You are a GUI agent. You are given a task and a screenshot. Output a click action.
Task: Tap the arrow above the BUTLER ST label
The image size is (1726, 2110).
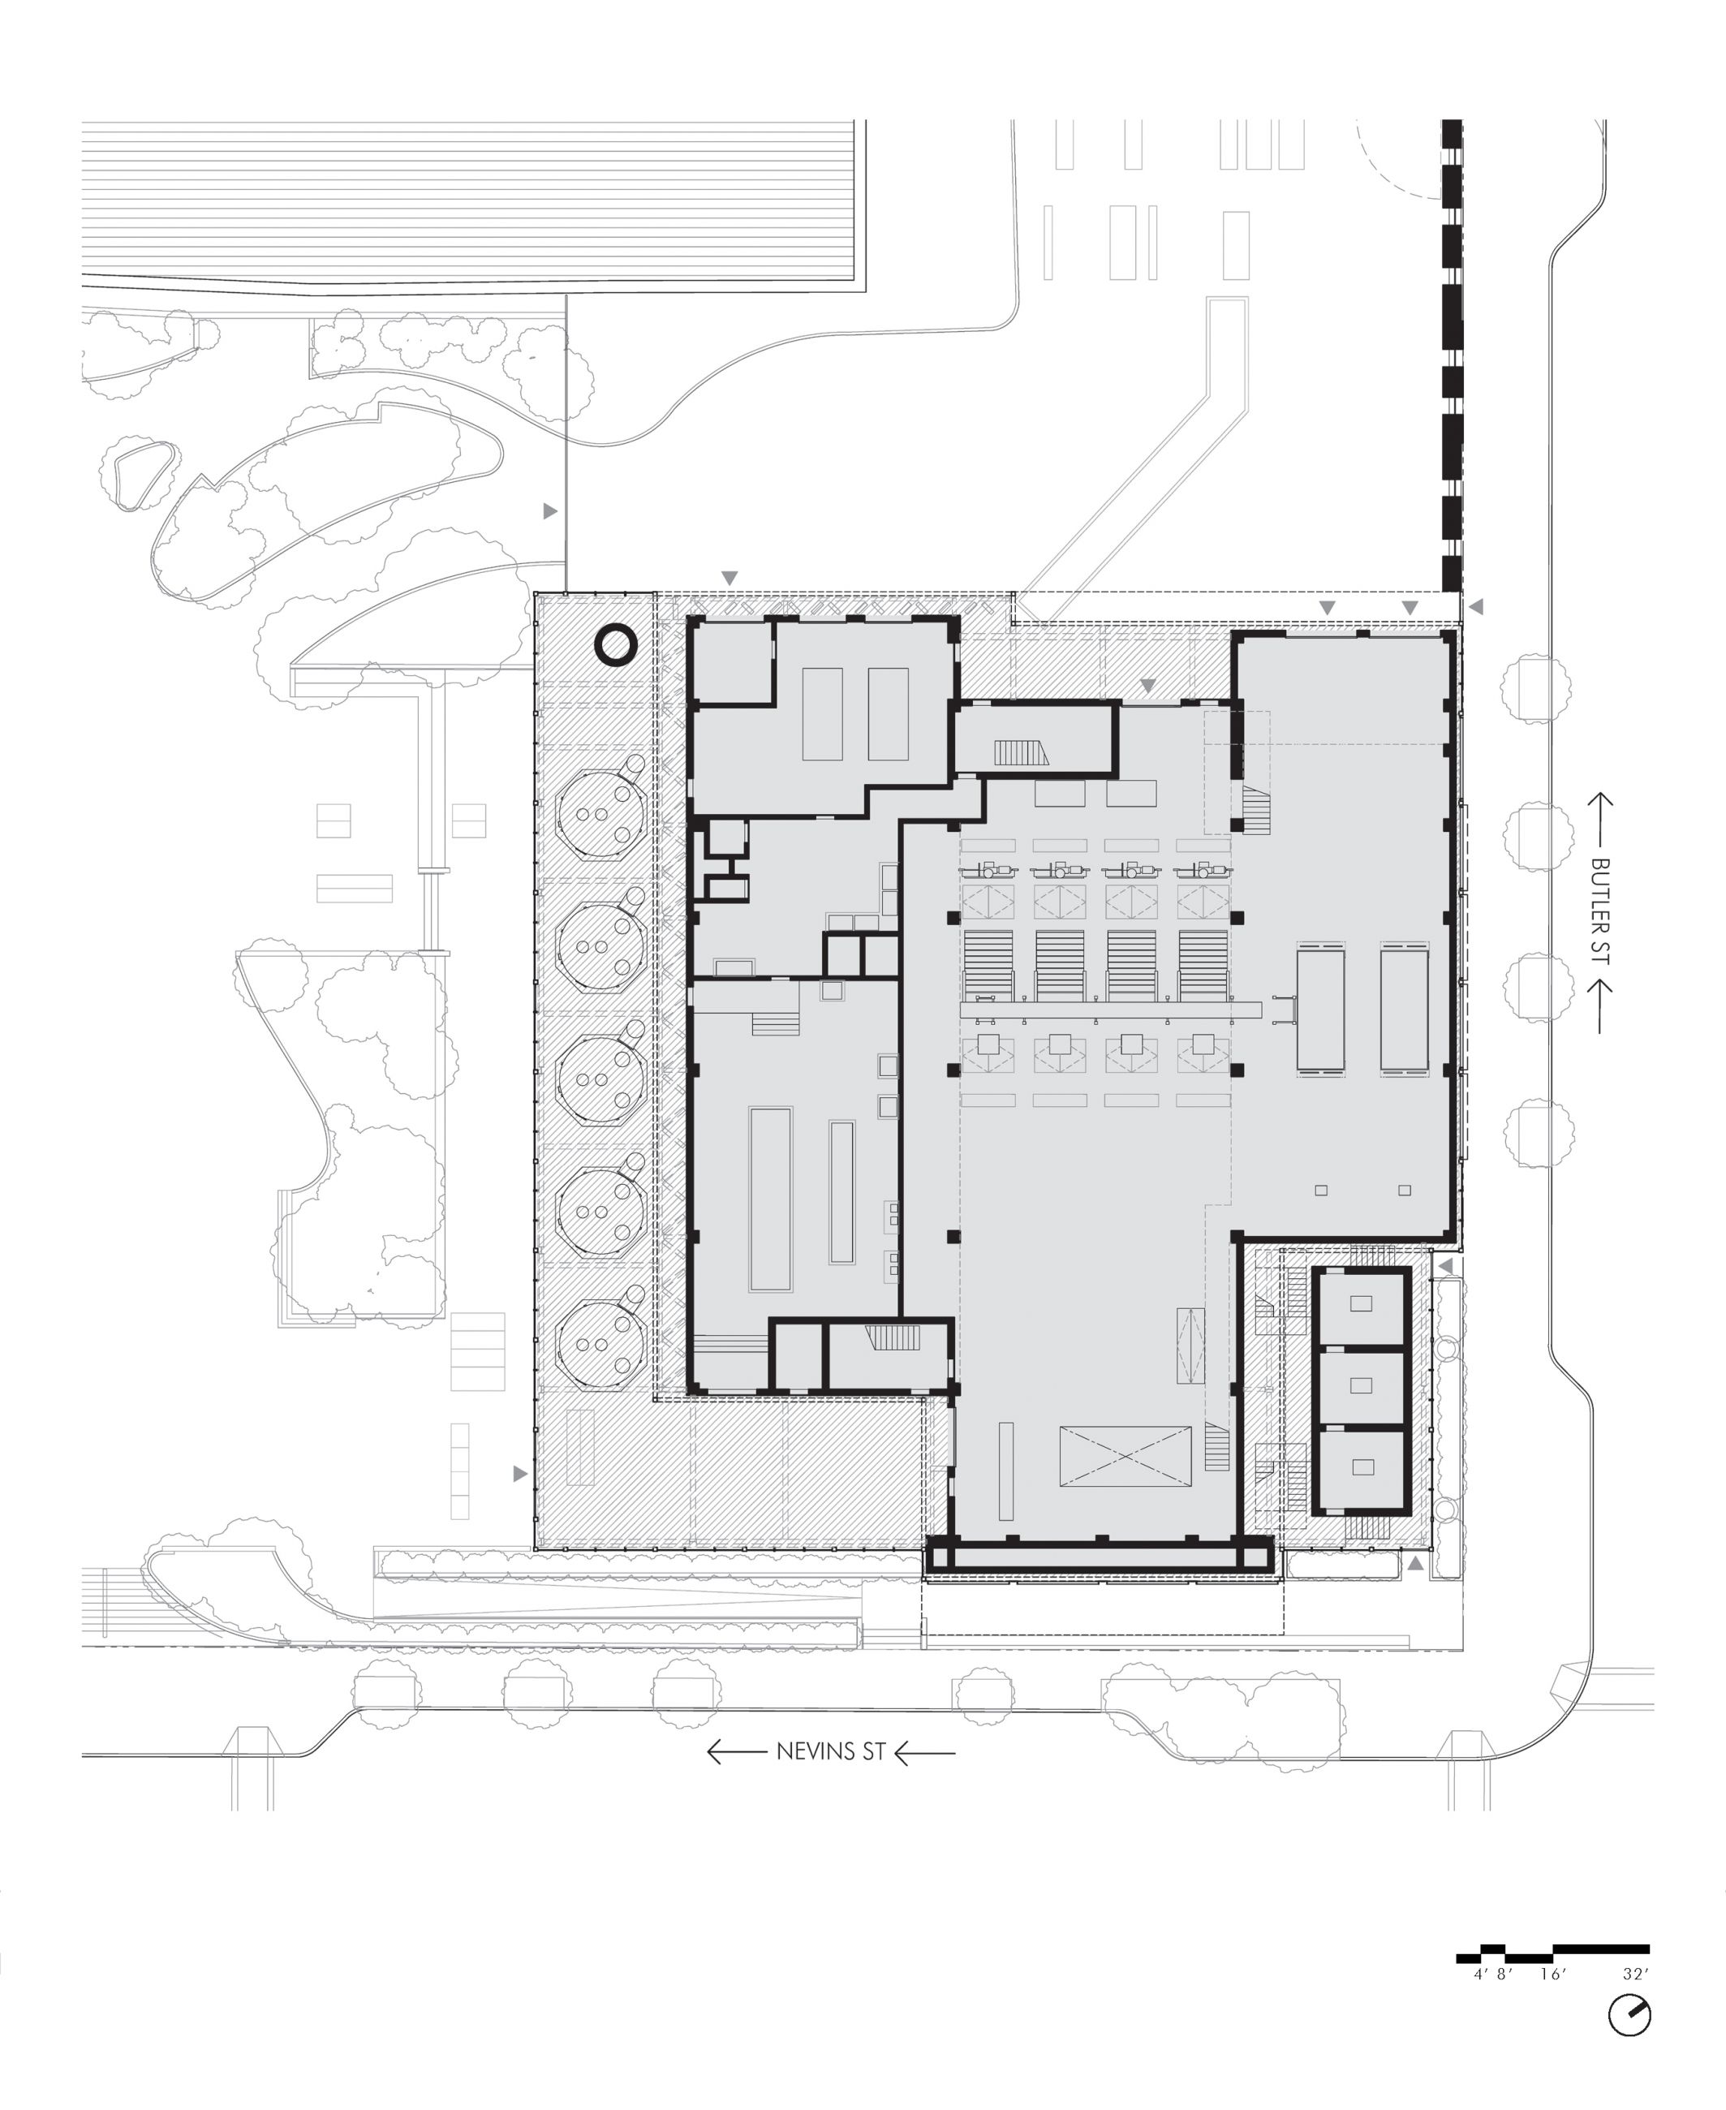[x=1599, y=820]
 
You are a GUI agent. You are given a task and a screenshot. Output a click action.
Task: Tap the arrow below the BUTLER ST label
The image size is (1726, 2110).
[x=1599, y=1006]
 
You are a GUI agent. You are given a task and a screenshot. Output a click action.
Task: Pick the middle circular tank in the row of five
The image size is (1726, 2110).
[x=600, y=1078]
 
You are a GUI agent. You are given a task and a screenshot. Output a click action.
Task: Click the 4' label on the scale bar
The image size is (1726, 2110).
[x=1480, y=1974]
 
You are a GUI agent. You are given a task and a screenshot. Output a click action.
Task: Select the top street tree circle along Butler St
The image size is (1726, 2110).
[x=1537, y=689]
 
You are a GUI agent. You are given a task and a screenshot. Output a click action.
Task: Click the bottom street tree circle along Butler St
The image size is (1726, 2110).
[x=1539, y=1134]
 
